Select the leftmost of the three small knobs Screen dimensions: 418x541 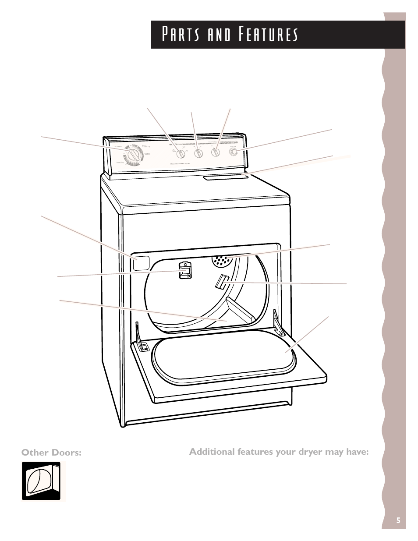[x=180, y=154]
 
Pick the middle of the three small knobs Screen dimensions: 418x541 [x=198, y=153]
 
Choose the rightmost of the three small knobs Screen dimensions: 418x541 [x=215, y=152]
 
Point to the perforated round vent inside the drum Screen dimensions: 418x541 [x=221, y=260]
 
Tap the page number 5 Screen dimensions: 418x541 [x=398, y=520]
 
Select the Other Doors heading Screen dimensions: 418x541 [x=52, y=453]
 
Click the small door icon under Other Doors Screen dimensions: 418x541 [x=41, y=481]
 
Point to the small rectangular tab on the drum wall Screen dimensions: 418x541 [x=220, y=281]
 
